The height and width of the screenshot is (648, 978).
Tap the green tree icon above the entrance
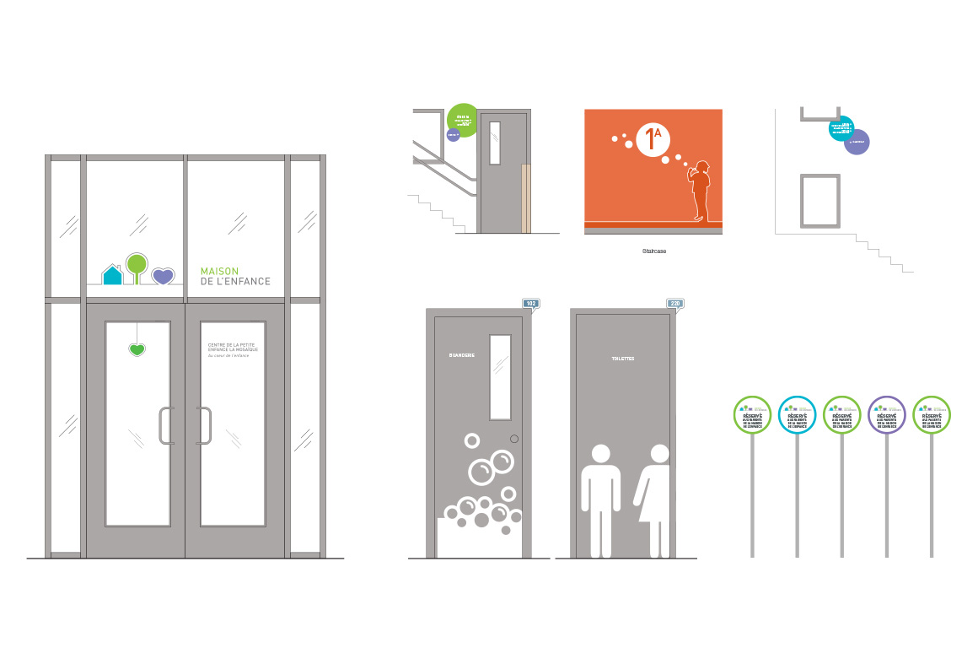pos(137,263)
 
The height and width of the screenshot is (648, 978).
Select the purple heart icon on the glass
pos(163,276)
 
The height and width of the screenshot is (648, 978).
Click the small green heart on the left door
pos(137,349)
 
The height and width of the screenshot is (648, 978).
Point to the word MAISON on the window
pos(218,271)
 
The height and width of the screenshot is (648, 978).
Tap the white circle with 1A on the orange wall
pos(652,139)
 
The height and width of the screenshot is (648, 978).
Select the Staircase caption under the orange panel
pos(653,251)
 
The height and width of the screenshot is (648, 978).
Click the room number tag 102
pos(530,304)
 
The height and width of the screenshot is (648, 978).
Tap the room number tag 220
pos(675,304)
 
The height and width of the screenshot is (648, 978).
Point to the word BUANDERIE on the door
pos(462,355)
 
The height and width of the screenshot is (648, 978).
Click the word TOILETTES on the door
pos(622,359)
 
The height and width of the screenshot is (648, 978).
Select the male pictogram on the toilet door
pos(601,498)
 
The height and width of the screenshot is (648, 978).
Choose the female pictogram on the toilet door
pos(655,498)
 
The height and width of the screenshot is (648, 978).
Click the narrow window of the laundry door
pos(500,377)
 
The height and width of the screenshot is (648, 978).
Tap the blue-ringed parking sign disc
pos(797,415)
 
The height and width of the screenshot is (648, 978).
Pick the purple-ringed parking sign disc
pos(886,415)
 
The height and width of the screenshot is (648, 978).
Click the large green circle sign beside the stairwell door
pos(463,120)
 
